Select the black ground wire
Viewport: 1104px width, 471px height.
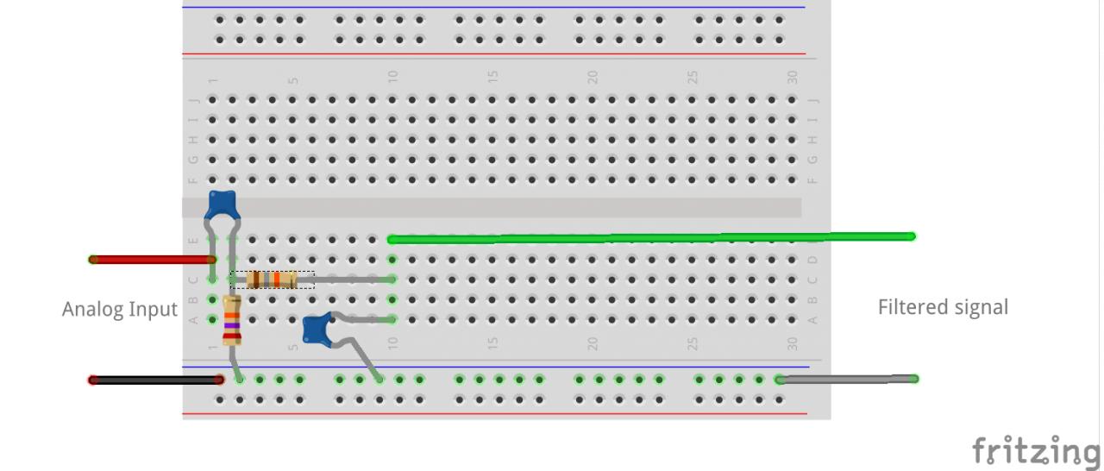click(155, 380)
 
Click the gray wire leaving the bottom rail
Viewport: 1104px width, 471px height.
click(845, 379)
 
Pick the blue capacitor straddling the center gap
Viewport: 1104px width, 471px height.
click(222, 204)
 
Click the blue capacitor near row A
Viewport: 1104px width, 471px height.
click(317, 328)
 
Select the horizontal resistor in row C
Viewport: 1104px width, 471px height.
click(272, 279)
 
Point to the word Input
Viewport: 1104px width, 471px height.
click(155, 309)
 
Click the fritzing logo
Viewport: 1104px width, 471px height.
click(1037, 451)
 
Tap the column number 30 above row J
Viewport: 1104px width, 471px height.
click(792, 77)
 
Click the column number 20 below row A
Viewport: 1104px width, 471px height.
click(593, 342)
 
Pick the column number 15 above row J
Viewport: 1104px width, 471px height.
click(492, 77)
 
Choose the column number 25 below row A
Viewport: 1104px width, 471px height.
click(693, 342)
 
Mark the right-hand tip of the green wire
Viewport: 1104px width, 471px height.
click(912, 236)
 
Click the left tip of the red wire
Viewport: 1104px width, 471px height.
click(93, 259)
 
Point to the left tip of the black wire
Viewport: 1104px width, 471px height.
click(93, 380)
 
